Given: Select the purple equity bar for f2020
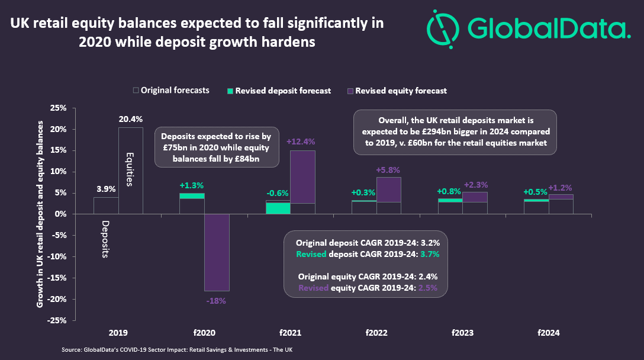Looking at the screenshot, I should pos(217,252).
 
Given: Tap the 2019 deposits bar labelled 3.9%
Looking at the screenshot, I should pos(106,205).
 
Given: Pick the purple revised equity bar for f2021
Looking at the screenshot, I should pos(302,177).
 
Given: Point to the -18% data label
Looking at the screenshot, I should pos(217,301).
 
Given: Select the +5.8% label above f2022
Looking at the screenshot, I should pos(388,170).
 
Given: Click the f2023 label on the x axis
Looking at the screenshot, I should pos(463,333).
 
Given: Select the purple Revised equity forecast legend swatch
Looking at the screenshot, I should pos(350,91).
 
